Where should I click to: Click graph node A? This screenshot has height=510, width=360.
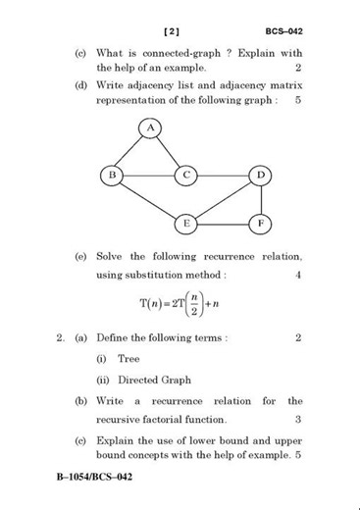click(150, 127)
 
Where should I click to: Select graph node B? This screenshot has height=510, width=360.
click(113, 176)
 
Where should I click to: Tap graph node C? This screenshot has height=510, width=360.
click(186, 176)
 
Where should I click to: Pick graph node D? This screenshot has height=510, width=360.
click(260, 176)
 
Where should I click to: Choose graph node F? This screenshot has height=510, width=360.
click(260, 223)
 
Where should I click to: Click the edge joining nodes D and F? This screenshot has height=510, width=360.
click(260, 199)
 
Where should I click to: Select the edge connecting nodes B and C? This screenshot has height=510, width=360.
click(149, 176)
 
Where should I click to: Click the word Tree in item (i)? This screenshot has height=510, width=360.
click(129, 359)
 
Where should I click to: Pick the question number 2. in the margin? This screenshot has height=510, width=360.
click(61, 338)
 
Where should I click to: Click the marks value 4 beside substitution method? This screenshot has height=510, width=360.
click(298, 275)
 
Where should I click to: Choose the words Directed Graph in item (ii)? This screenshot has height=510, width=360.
click(154, 380)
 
